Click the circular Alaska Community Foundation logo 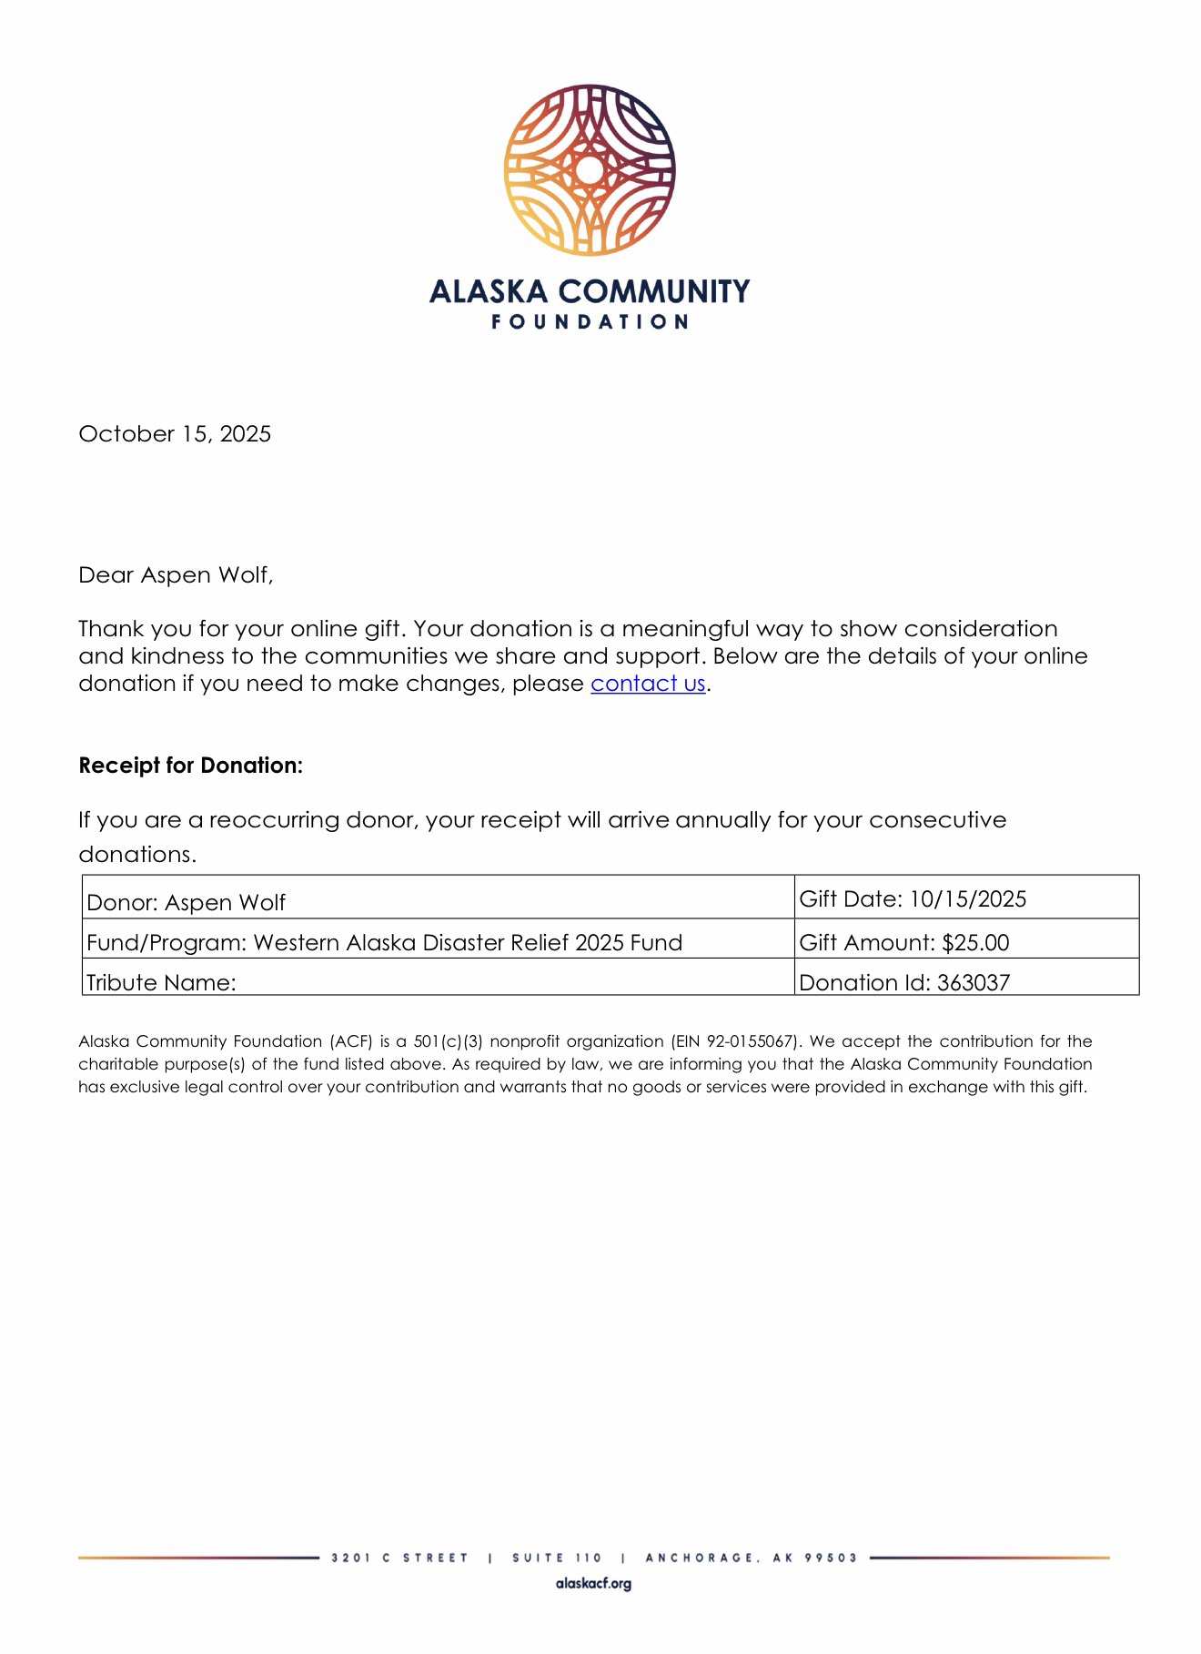pos(590,169)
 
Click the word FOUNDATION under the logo pos(590,321)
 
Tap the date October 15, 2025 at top pos(175,433)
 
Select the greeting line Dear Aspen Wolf pos(176,575)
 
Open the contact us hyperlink pos(648,684)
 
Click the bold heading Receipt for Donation pos(190,766)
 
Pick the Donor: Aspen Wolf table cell pos(186,902)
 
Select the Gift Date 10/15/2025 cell pos(913,899)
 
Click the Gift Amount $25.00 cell pos(904,942)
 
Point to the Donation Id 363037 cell pos(904,982)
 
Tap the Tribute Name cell pos(161,982)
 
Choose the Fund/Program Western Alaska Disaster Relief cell pos(384,942)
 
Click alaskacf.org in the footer pos(593,1584)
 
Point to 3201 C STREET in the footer pos(400,1558)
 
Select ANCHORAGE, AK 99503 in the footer pos(751,1558)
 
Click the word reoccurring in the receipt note pos(274,820)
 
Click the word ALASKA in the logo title pos(489,291)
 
